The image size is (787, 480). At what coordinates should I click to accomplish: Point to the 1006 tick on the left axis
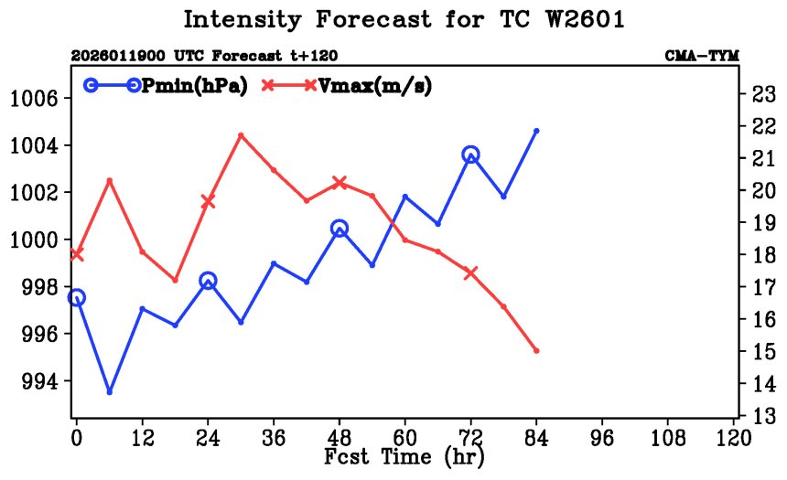pos(36,98)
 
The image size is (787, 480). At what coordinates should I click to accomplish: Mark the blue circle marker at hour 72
pos(470,155)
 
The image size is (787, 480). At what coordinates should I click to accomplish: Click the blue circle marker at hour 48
pos(340,229)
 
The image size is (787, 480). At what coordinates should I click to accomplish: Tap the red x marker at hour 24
pos(208,201)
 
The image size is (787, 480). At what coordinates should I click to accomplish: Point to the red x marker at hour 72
pos(470,272)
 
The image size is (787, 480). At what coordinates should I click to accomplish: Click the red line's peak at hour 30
pos(241,135)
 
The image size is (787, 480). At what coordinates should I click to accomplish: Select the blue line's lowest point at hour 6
pos(110,391)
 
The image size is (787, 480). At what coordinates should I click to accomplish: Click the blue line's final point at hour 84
pos(536,131)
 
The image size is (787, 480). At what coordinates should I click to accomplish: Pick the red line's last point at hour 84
pos(536,351)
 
